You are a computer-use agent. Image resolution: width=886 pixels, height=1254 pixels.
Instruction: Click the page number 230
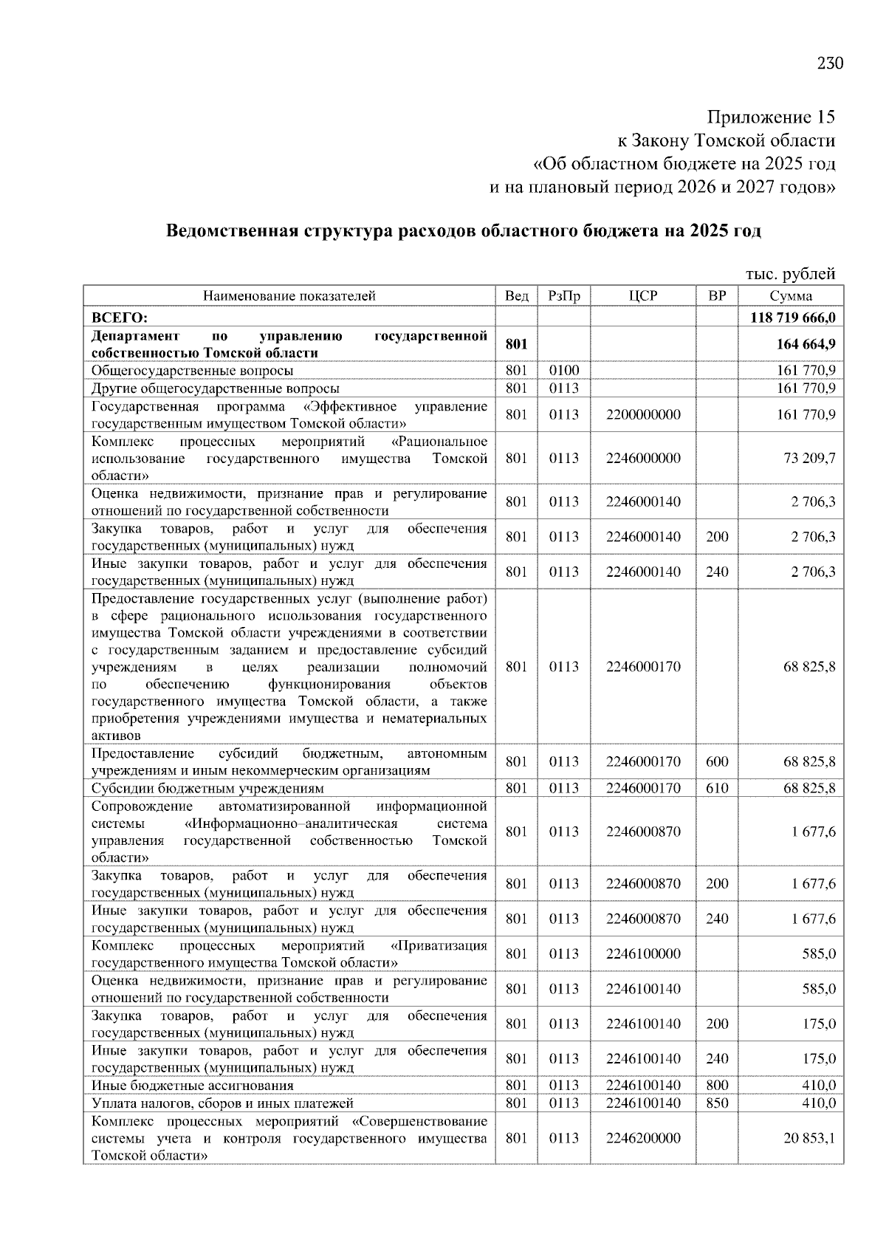[830, 64]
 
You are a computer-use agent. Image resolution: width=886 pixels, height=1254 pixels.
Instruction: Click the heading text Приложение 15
[771, 117]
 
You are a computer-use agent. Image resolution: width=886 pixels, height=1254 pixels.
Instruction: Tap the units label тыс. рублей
[790, 275]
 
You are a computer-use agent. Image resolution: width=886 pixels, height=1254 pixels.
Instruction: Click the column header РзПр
[564, 296]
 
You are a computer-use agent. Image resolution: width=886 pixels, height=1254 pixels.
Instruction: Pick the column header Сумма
[791, 296]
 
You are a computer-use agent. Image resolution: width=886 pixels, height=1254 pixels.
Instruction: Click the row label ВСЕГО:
[120, 318]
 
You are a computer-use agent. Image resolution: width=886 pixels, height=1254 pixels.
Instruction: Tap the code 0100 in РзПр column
[564, 370]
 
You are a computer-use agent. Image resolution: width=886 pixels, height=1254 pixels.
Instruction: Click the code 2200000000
[643, 414]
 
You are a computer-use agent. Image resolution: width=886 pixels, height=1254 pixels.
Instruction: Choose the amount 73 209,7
[809, 458]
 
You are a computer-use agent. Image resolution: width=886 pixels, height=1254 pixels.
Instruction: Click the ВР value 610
[717, 788]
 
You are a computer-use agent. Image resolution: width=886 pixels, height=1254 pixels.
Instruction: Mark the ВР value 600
[717, 761]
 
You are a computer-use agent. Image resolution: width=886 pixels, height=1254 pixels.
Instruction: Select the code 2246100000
[643, 953]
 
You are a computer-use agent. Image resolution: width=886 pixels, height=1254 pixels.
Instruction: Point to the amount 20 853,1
[809, 1138]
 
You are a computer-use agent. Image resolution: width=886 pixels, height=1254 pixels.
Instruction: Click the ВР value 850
[717, 1103]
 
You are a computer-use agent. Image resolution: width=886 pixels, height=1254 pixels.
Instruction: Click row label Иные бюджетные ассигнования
[193, 1086]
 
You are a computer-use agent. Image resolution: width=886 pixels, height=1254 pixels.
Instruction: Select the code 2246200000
[643, 1138]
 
